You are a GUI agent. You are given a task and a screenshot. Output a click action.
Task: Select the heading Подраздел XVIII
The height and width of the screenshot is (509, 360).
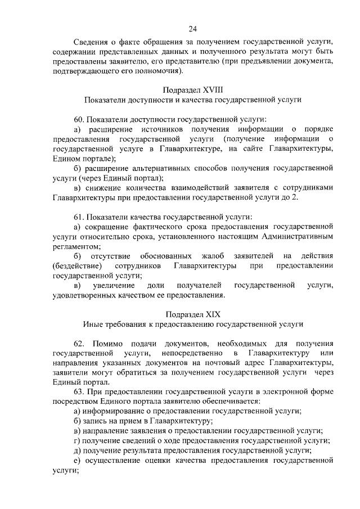(x=193, y=90)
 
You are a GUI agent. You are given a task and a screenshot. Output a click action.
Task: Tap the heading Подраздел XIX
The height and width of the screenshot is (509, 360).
(x=193, y=313)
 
